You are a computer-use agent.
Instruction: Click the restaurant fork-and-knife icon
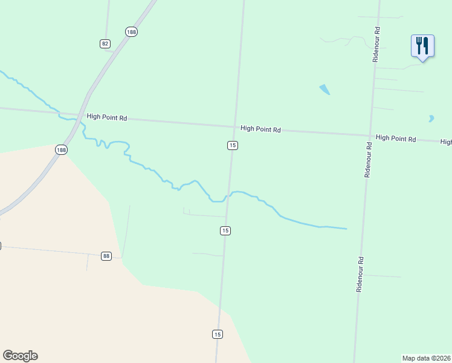click(x=422, y=45)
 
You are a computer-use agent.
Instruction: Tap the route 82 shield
click(x=106, y=44)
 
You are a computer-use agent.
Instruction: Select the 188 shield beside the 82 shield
click(x=131, y=31)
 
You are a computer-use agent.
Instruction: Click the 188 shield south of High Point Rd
click(x=61, y=149)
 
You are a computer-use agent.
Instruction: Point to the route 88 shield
click(x=106, y=256)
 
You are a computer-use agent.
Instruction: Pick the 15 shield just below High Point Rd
click(x=233, y=145)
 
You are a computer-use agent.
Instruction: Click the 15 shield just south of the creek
click(x=225, y=231)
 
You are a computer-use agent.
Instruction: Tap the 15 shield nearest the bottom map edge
click(x=218, y=334)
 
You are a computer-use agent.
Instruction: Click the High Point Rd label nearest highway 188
click(x=106, y=118)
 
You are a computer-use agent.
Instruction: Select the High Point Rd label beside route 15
click(x=260, y=129)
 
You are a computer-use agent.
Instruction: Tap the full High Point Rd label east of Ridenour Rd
click(x=396, y=139)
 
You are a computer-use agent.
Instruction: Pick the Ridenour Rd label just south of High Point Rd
click(x=367, y=159)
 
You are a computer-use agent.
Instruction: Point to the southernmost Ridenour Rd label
click(x=360, y=274)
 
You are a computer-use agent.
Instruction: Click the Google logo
click(x=20, y=356)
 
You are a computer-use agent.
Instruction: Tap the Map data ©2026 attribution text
click(x=427, y=358)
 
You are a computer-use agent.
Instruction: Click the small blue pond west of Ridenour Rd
click(x=325, y=90)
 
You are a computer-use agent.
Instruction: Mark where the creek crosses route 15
click(x=228, y=195)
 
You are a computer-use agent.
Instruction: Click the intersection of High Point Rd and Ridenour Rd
click(x=370, y=136)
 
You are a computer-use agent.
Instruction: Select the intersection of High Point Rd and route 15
click(x=234, y=127)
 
